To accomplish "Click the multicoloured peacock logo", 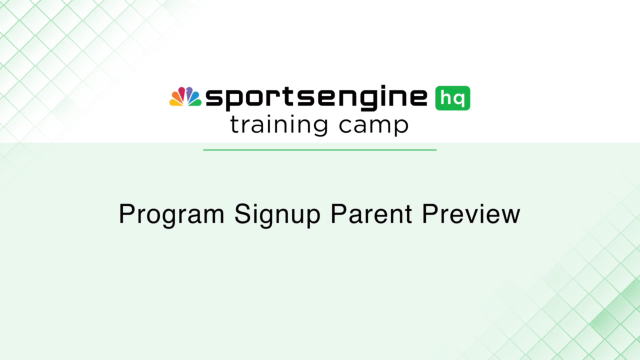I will coord(185,97).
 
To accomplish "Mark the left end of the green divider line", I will coord(204,150).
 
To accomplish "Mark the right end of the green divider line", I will coord(436,150).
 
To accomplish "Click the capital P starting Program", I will coord(125,214).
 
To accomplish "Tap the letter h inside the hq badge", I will coord(445,98).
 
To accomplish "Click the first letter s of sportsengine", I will coord(212,99).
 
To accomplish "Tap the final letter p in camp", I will coord(402,129).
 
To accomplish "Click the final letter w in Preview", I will coord(510,215).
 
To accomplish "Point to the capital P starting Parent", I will coord(323,214).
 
